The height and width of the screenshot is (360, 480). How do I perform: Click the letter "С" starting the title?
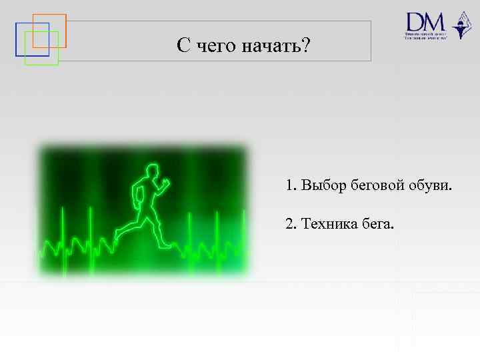[x=184, y=46]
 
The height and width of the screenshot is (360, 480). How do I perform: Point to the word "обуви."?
[x=429, y=185]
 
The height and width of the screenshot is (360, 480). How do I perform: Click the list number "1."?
[x=291, y=185]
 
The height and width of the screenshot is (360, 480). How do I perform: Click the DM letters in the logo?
[x=425, y=21]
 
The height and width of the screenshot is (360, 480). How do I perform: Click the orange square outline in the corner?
[x=49, y=15]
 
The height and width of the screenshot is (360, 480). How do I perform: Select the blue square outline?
[x=17, y=40]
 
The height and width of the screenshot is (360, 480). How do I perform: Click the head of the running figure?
[x=153, y=171]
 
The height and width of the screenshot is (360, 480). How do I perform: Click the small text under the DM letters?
[x=425, y=35]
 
